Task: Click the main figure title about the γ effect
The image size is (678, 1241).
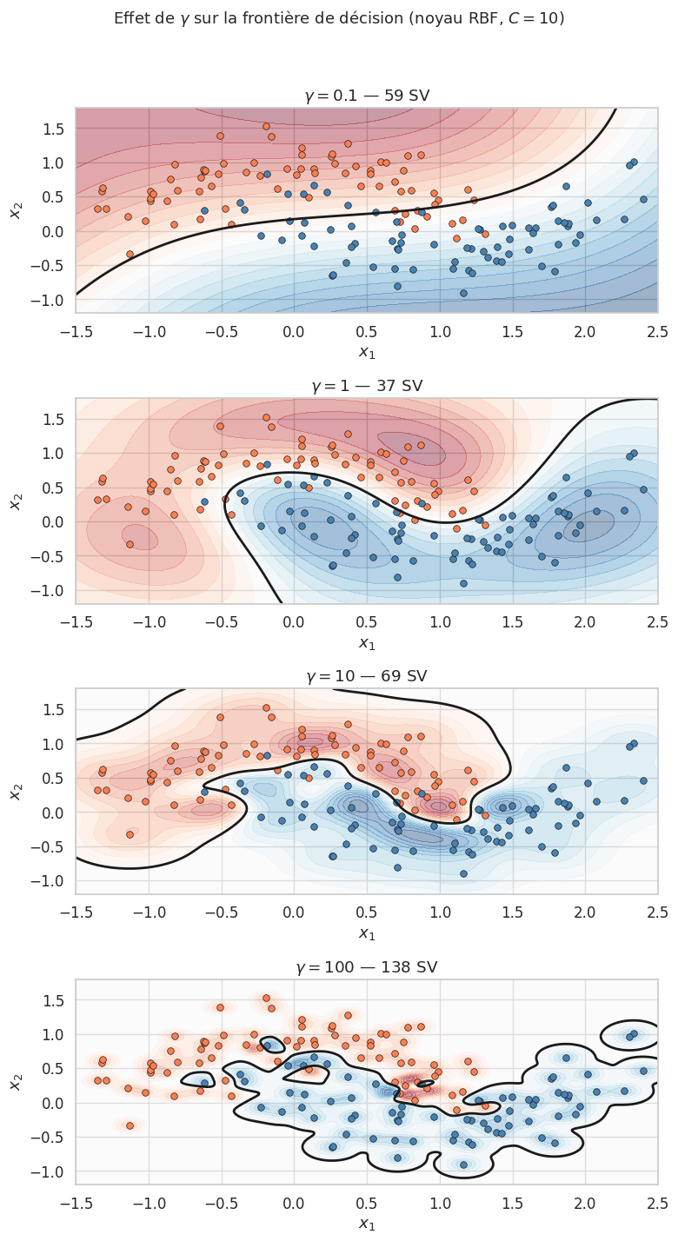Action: click(x=339, y=18)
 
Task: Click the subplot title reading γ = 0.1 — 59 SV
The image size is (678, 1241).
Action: click(x=367, y=96)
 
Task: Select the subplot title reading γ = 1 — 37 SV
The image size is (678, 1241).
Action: click(x=367, y=386)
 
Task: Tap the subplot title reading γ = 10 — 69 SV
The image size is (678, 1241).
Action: click(x=367, y=676)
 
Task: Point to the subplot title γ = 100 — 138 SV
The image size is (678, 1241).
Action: click(x=367, y=966)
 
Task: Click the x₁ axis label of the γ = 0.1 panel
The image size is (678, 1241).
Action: click(x=367, y=351)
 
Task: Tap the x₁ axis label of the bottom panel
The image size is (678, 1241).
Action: click(x=367, y=1223)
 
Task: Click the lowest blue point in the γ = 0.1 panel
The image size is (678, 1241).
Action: click(x=463, y=293)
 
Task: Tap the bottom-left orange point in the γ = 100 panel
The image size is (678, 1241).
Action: click(x=130, y=1125)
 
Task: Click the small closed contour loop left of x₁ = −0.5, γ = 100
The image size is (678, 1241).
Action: click(x=199, y=1080)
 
